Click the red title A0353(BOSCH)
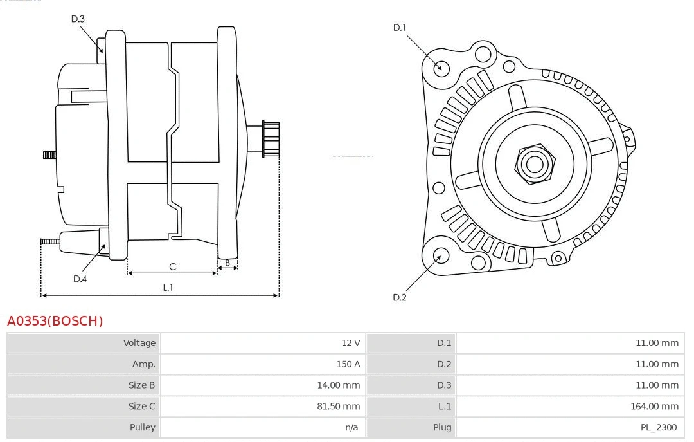[55, 321]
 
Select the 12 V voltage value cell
[351, 343]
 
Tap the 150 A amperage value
[348, 364]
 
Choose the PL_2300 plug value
[658, 427]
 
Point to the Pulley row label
[142, 427]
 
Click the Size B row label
[141, 385]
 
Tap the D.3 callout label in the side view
[78, 19]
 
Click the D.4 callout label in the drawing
[80, 279]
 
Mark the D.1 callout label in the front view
[400, 28]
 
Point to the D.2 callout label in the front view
[400, 297]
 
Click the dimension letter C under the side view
[172, 266]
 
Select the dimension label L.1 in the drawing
[168, 288]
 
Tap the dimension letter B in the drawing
[227, 262]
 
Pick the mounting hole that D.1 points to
[441, 68]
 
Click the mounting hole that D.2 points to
[440, 257]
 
